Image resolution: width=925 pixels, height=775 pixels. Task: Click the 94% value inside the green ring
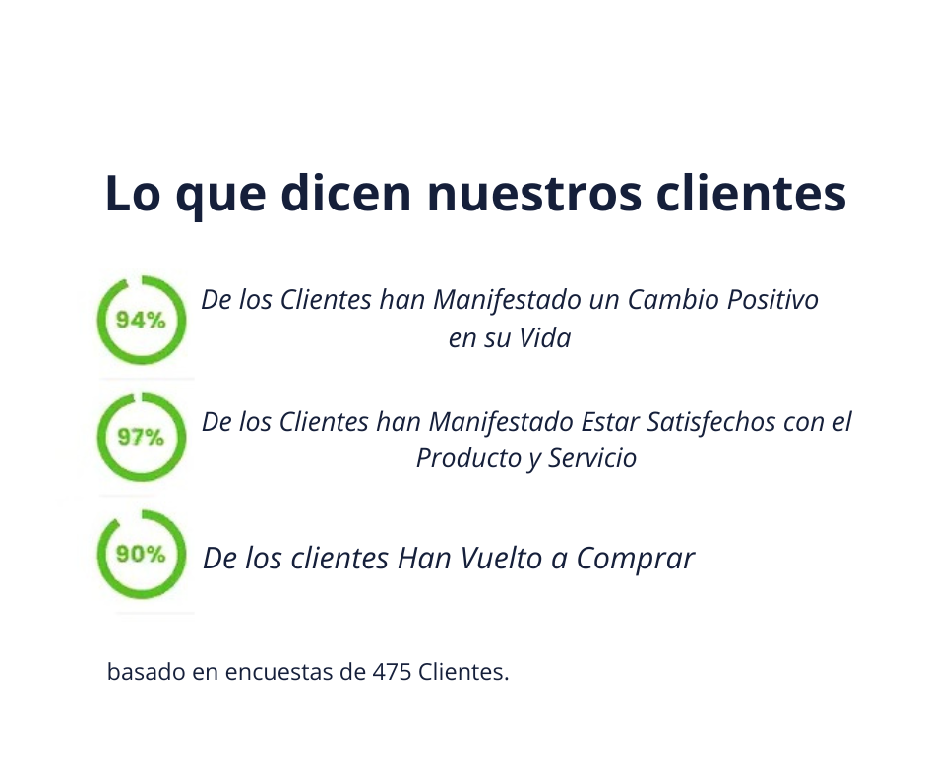tap(141, 321)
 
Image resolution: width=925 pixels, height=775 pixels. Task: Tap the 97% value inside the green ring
tap(141, 437)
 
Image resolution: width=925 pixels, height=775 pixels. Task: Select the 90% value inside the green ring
tap(141, 554)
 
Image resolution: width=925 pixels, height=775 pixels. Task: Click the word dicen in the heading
tap(345, 193)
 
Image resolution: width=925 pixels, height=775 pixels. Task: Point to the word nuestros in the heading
tap(534, 195)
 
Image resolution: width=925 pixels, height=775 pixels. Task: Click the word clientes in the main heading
tap(752, 193)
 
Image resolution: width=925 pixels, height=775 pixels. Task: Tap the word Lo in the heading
tap(133, 194)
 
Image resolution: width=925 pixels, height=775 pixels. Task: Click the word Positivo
tap(772, 300)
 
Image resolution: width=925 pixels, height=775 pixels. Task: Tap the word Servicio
tap(592, 459)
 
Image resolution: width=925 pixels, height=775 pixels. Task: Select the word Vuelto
tap(501, 559)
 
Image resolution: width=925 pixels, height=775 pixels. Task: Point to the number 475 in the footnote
tap(392, 672)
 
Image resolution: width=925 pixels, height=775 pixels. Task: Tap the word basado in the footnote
tap(147, 672)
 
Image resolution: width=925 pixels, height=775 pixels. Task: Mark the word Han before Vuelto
tap(424, 559)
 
